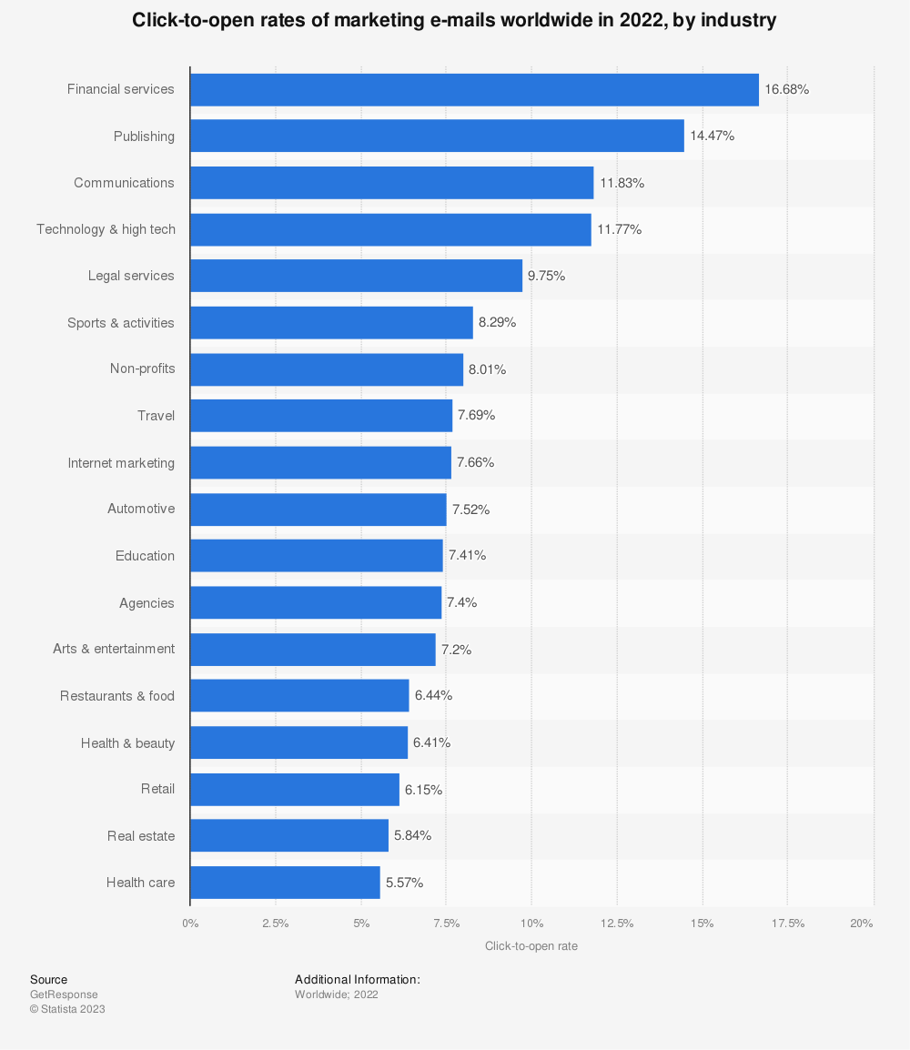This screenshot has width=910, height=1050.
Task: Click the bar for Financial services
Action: [x=474, y=90]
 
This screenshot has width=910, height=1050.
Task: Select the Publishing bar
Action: [x=437, y=136]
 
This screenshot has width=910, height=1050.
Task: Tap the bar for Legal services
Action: [x=356, y=276]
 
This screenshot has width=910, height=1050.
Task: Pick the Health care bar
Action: [x=285, y=883]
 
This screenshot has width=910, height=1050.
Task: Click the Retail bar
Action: [x=295, y=790]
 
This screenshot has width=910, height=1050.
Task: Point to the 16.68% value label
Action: [x=786, y=90]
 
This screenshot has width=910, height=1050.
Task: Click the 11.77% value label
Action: [x=619, y=229]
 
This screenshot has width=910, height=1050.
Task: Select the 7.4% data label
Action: [x=461, y=602]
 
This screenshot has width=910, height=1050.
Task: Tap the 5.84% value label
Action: [x=412, y=835]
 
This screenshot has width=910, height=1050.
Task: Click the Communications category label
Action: [x=124, y=183]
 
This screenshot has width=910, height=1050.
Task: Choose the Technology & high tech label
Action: [x=106, y=229]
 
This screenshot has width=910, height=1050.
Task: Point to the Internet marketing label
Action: [x=121, y=463]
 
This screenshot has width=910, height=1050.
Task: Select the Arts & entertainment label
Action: [x=114, y=649]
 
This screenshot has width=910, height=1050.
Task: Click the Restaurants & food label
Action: [x=117, y=696]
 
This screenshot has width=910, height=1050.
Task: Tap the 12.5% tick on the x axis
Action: [x=617, y=924]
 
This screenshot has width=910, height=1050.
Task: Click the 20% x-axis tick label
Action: [x=861, y=924]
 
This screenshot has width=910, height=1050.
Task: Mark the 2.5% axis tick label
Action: [x=275, y=924]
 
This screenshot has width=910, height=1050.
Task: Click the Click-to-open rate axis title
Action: [x=531, y=946]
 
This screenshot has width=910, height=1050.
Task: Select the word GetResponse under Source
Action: [x=64, y=994]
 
